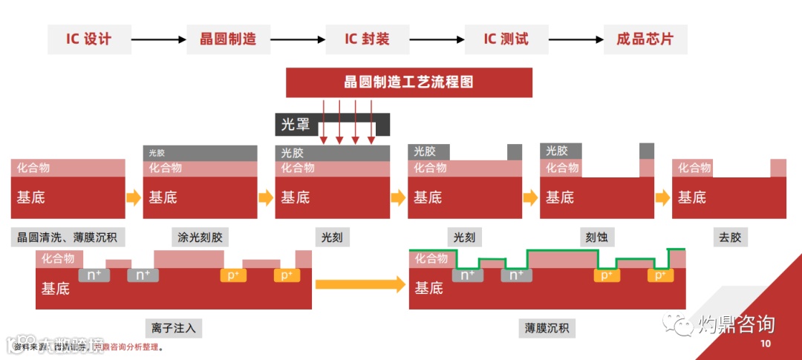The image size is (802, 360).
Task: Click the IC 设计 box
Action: click(89, 39)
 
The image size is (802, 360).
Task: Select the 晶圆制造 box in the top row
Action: click(228, 39)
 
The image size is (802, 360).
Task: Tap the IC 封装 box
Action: click(367, 39)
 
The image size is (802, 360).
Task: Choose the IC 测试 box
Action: click(506, 39)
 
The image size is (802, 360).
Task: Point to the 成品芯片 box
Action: click(645, 39)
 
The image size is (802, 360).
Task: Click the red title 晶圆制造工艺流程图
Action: click(409, 82)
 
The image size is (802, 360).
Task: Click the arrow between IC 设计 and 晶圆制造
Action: click(158, 39)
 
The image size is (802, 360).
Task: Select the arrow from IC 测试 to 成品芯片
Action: click(576, 39)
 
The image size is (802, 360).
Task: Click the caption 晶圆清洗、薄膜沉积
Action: click(68, 238)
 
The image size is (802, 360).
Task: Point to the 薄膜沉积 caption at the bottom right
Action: click(547, 328)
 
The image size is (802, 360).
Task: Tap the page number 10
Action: click(766, 344)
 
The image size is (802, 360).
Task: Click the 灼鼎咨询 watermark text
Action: click(736, 324)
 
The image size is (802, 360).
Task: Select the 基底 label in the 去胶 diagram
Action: click(692, 197)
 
